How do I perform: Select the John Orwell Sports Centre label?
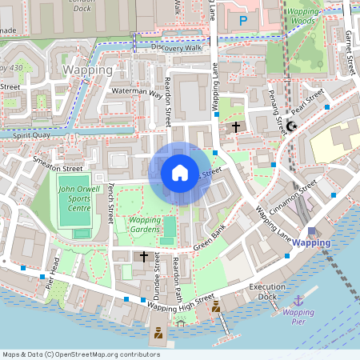coord(74,198)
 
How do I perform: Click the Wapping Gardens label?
coord(144,223)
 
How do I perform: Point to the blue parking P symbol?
coord(243,20)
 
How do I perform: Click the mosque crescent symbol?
coord(292,126)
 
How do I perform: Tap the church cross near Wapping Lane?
coord(235,126)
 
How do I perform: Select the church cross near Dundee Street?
coord(144,256)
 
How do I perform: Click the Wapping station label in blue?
coord(310,242)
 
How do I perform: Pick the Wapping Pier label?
coord(298,318)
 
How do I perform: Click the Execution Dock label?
coord(267,291)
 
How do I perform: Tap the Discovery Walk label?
coord(175,47)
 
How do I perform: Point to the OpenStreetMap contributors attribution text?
coord(80,354)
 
